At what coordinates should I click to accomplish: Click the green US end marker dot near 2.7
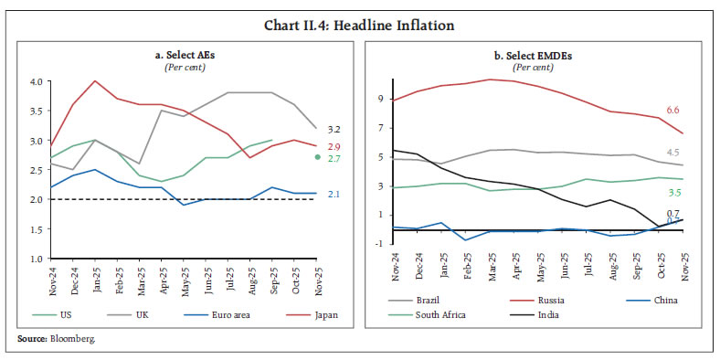[316, 157]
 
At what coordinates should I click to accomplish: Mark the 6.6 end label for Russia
[672, 111]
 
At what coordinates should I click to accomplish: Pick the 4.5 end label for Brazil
[672, 153]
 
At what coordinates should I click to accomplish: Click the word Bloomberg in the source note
[75, 339]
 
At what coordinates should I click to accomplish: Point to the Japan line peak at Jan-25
[94, 80]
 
